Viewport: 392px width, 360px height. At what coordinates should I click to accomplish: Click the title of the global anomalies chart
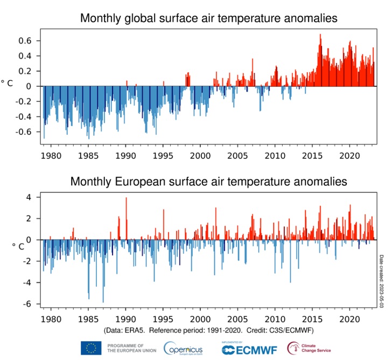click(x=209, y=18)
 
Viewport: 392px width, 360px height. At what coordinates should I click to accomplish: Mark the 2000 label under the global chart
click(x=200, y=156)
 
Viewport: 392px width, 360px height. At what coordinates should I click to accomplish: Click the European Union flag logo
click(x=91, y=348)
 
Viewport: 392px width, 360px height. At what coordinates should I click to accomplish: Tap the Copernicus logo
click(x=183, y=348)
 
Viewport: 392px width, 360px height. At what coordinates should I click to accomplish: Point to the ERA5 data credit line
click(x=208, y=329)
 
